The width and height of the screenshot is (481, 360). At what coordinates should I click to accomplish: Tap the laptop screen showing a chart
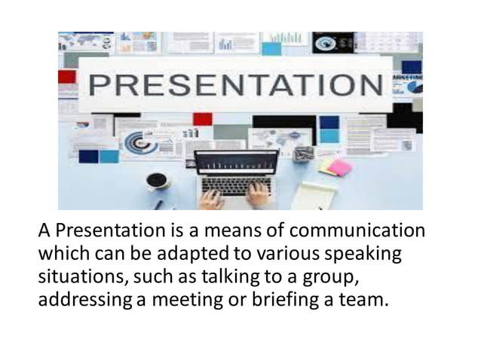pyautogui.click(x=236, y=163)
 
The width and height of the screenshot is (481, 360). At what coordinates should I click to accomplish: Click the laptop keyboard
pyautogui.click(x=235, y=185)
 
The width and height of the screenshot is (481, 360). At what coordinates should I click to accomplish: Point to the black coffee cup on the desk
pyautogui.click(x=157, y=181)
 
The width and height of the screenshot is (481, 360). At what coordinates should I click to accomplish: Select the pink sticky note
pyautogui.click(x=341, y=166)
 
